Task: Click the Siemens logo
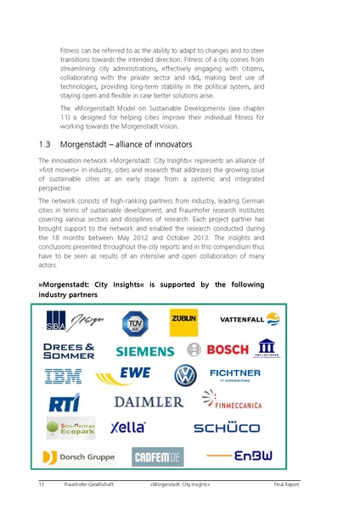tap(144, 350)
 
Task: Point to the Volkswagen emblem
tap(184, 375)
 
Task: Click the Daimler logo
tap(149, 401)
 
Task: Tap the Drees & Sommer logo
tap(69, 350)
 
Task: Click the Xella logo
tap(129, 427)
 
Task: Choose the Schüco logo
tap(227, 428)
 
